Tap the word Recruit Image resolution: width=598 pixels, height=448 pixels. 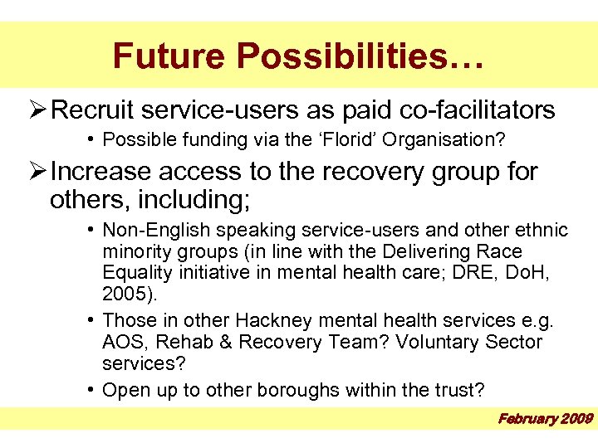(x=97, y=110)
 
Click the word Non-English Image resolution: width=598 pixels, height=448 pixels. (x=150, y=230)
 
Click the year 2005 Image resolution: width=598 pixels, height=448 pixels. (x=125, y=295)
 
